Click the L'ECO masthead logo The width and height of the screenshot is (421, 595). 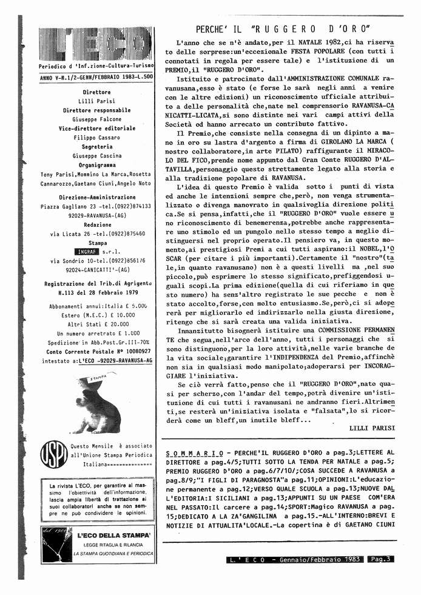pos(96,44)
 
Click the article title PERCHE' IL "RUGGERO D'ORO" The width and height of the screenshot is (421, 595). pos(284,29)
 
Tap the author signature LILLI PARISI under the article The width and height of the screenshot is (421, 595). pos(372,427)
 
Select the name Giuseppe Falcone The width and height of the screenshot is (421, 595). pos(96,119)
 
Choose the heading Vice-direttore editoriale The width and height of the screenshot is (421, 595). pos(96,128)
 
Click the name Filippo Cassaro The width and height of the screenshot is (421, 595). pos(96,137)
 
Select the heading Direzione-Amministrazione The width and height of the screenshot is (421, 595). pos(96,197)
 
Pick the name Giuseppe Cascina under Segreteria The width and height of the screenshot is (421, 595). pos(96,155)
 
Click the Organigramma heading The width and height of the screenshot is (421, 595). pos(96,164)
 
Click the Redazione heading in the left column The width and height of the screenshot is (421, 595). pos(96,224)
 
